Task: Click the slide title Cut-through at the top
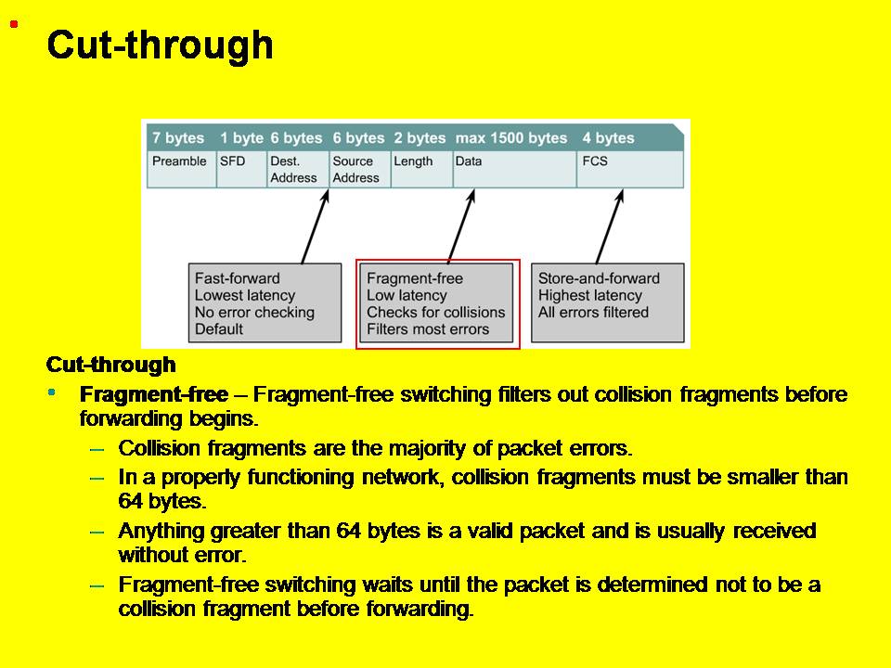tap(160, 45)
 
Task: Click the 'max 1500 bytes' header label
tap(510, 138)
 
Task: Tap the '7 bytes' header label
tap(178, 138)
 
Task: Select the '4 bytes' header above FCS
tap(608, 138)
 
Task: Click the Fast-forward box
tap(265, 303)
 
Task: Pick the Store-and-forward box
tap(607, 303)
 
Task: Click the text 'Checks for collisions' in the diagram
tap(435, 312)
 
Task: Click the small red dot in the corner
tap(14, 23)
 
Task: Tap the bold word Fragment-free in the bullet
tap(154, 394)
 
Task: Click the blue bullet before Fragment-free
tap(52, 392)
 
